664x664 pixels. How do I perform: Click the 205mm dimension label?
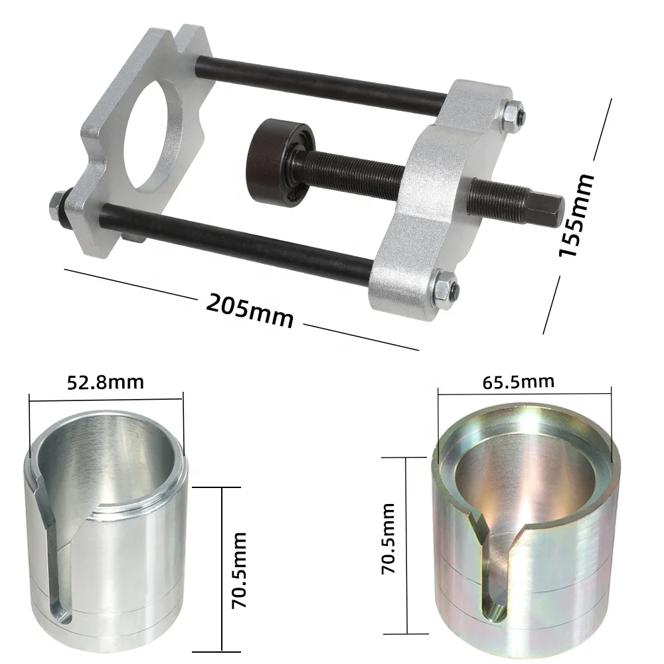point(250,310)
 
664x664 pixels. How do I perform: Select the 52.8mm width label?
point(106,382)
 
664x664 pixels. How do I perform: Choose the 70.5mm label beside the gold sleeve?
point(388,538)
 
